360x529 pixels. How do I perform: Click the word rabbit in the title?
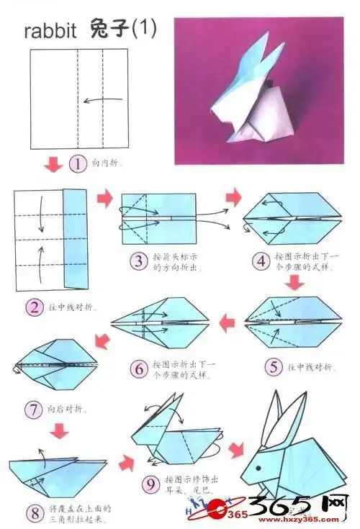pyautogui.click(x=50, y=32)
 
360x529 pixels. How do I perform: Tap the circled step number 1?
pyautogui.click(x=77, y=164)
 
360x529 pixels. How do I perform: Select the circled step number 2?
pyautogui.click(x=35, y=308)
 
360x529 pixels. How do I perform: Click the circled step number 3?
pyautogui.click(x=138, y=260)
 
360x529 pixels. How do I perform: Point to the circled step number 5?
pyautogui.click(x=272, y=367)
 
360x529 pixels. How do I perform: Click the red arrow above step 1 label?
pyautogui.click(x=52, y=166)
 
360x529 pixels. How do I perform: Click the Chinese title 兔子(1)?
pyautogui.click(x=123, y=30)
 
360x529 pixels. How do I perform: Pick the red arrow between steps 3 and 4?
pyautogui.click(x=233, y=197)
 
